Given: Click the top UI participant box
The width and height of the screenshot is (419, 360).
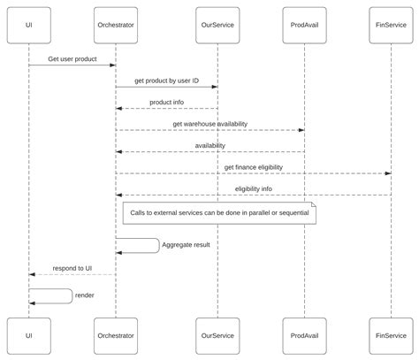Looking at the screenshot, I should tap(28, 25).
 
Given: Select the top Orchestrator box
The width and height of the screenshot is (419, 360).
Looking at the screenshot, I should tap(115, 25).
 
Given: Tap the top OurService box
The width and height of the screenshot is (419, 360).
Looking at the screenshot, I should tap(217, 25).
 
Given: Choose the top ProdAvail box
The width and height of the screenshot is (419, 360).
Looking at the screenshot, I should tap(304, 25).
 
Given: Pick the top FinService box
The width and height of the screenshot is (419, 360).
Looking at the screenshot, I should tap(391, 25).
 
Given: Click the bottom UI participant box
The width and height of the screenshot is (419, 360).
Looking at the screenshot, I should tap(28, 335).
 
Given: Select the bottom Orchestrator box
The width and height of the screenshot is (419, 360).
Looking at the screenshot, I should tap(115, 335).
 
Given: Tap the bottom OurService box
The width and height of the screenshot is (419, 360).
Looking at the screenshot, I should tap(217, 335).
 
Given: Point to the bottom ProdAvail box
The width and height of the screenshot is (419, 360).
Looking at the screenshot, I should tap(304, 335).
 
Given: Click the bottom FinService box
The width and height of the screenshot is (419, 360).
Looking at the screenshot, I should tap(391, 335).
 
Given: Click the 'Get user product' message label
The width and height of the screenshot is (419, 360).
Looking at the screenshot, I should tap(72, 58).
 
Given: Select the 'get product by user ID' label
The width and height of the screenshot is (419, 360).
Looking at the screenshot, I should tap(166, 80).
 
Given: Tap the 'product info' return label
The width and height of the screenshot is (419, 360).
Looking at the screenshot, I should tap(166, 102).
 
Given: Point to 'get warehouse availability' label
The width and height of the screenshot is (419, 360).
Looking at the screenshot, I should tap(209, 124).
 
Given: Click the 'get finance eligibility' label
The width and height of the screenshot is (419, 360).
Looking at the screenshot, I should tap(253, 166).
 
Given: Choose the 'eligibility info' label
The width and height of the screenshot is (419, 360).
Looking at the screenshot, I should tap(253, 188).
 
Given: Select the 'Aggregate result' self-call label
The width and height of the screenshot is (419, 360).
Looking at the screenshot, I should tap(186, 244).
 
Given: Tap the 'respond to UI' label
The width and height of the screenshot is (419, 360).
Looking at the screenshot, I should tap(72, 267).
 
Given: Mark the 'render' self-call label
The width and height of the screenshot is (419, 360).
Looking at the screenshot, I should tap(85, 295).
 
